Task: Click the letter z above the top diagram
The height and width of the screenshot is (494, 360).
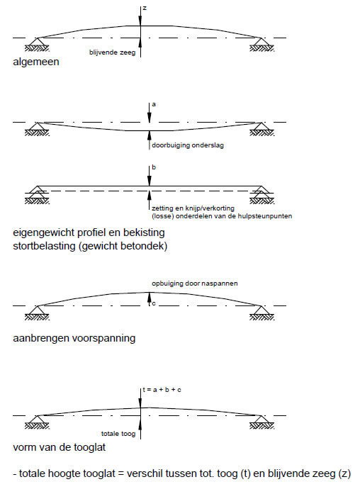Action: tap(145, 9)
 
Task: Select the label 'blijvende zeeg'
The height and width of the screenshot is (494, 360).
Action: tap(112, 52)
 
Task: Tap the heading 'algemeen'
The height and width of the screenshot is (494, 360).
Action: tap(36, 62)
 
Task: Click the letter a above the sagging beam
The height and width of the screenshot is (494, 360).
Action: tap(154, 104)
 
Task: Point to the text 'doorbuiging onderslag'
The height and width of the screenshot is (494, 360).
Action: tap(188, 145)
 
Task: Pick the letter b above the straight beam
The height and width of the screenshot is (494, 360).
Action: tap(154, 167)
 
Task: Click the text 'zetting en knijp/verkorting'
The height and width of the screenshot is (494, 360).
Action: tap(193, 208)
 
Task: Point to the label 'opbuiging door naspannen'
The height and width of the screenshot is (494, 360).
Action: tap(195, 284)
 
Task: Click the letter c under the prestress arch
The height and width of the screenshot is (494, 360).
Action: tap(154, 304)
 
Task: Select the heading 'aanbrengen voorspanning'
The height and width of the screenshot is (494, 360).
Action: tap(74, 338)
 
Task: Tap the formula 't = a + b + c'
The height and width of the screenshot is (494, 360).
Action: tap(162, 390)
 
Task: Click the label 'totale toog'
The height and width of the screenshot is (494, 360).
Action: tap(118, 434)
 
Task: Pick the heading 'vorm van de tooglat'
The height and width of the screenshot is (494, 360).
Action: tap(60, 447)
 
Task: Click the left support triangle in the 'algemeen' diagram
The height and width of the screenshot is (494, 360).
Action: tap(37, 43)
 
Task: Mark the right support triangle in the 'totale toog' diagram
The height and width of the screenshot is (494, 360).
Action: tap(261, 420)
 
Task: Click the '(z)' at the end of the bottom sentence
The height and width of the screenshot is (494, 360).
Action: tap(344, 473)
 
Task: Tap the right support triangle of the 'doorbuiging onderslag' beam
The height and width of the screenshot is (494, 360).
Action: tap(261, 127)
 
